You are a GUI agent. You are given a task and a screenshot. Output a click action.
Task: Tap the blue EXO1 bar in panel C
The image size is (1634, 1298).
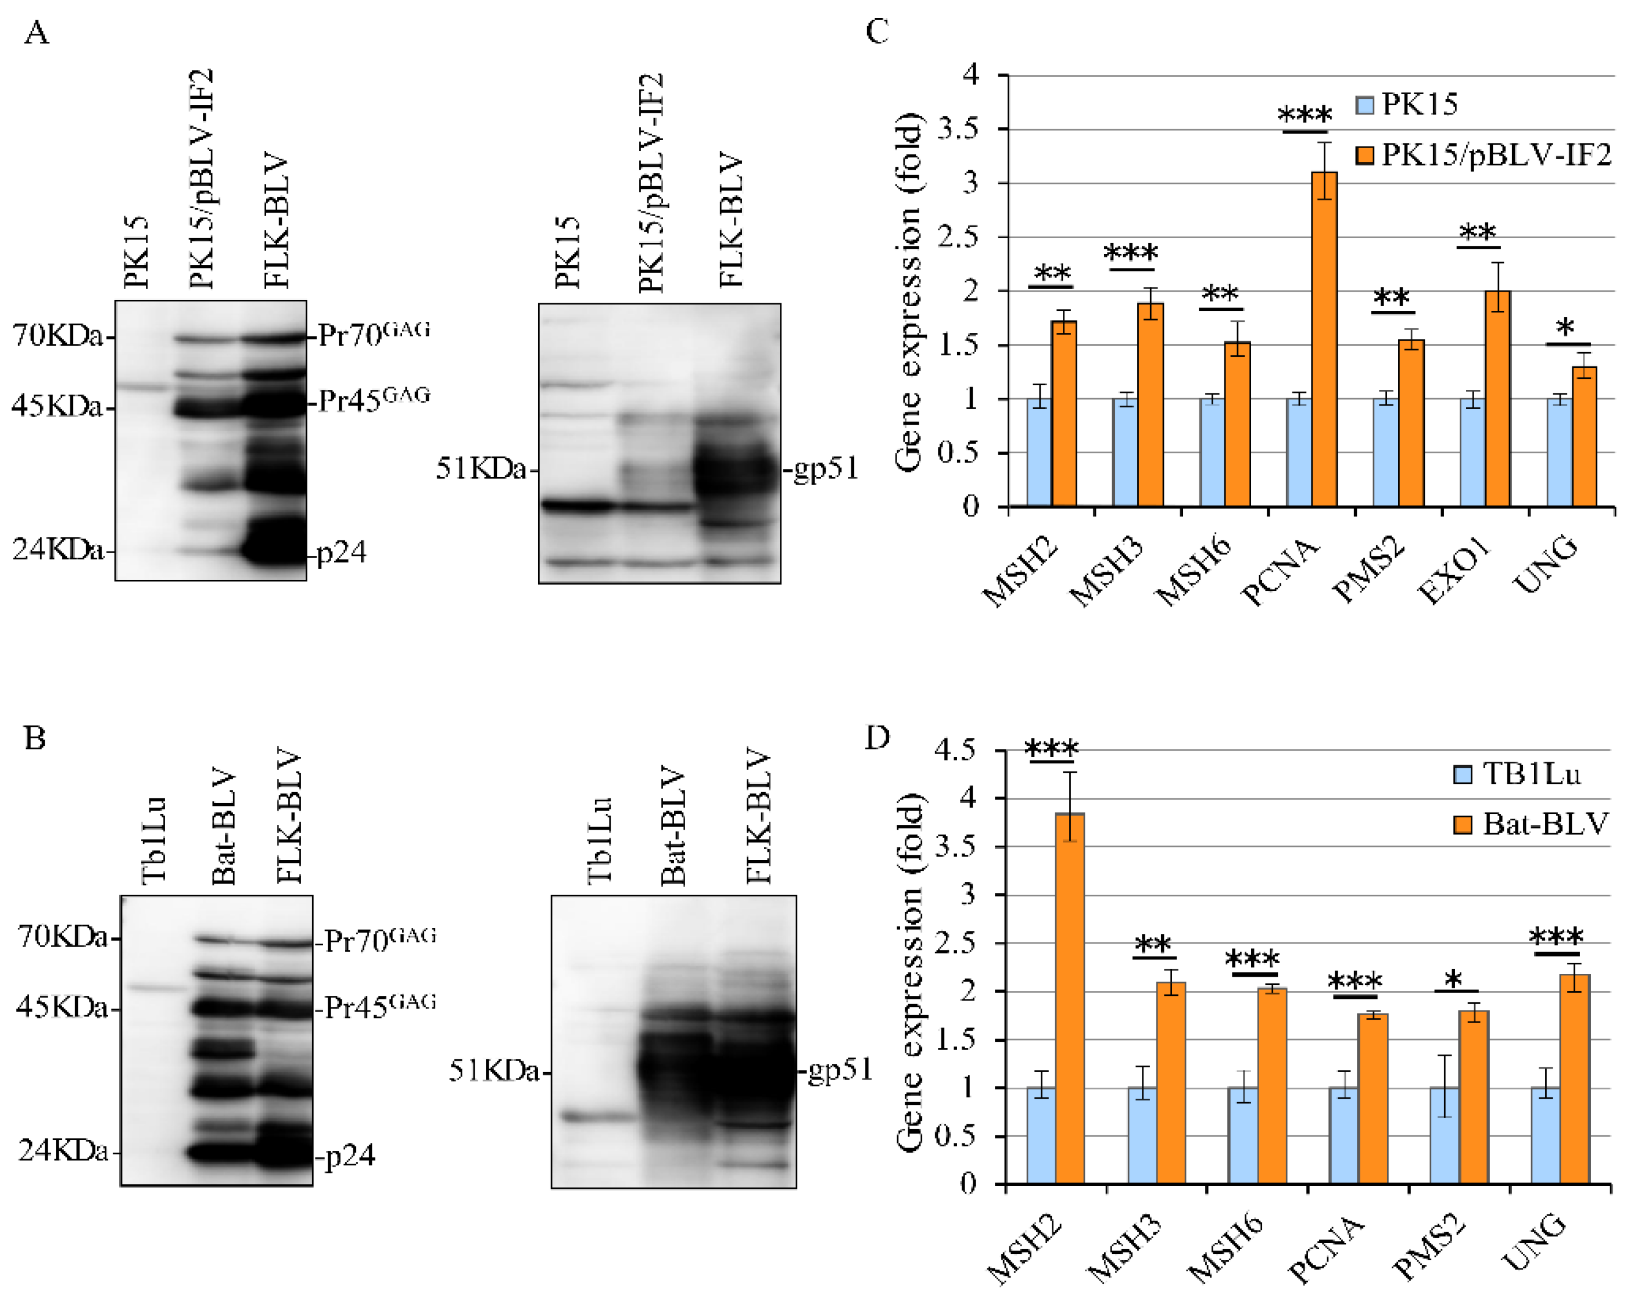1472,453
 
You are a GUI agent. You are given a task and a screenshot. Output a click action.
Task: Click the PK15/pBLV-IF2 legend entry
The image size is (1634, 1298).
1482,155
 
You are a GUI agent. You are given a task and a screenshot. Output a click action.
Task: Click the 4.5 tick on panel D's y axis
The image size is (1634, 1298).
954,750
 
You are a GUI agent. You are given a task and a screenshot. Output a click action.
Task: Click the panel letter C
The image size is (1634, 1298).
877,32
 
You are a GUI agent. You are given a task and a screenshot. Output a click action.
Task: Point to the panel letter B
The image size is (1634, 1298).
35,737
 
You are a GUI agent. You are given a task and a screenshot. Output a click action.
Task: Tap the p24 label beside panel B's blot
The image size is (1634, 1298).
349,1156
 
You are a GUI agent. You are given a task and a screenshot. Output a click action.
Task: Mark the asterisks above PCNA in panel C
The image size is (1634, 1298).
1305,116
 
